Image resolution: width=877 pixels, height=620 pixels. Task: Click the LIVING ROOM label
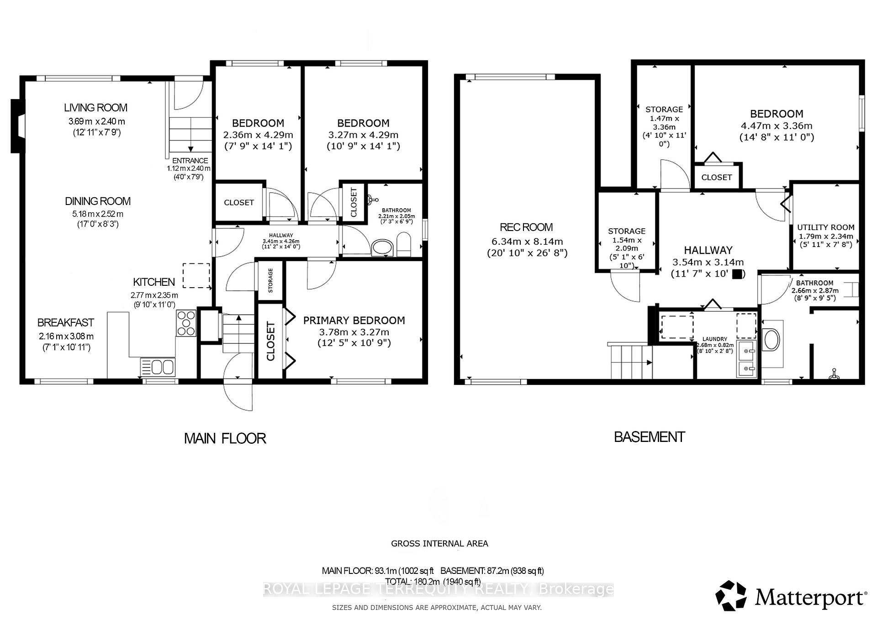(x=95, y=108)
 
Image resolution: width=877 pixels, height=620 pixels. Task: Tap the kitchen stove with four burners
(x=186, y=323)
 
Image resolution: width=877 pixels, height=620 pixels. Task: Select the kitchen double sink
(x=158, y=367)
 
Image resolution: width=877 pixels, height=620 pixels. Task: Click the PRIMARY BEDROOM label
(x=354, y=321)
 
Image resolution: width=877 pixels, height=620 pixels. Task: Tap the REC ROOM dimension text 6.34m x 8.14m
(x=527, y=242)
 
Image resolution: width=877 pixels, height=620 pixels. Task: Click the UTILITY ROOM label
(x=825, y=227)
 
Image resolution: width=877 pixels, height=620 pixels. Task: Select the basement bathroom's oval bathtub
(x=771, y=341)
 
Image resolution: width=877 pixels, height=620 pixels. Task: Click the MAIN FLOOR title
(x=225, y=438)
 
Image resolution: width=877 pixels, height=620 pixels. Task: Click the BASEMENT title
(x=649, y=437)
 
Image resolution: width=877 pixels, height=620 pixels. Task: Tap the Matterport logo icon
(x=731, y=596)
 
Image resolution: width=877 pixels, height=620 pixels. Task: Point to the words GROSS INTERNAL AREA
(x=439, y=543)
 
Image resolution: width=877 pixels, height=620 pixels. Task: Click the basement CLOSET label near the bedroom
(x=716, y=177)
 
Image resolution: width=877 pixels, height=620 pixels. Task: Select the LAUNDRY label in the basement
(x=714, y=339)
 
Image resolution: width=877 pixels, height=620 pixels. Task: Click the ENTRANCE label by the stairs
(x=190, y=161)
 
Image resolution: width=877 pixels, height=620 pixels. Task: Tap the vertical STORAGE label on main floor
(x=270, y=280)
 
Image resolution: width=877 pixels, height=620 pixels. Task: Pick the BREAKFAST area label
(x=66, y=323)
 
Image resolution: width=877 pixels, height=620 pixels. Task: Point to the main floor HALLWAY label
(x=281, y=235)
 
